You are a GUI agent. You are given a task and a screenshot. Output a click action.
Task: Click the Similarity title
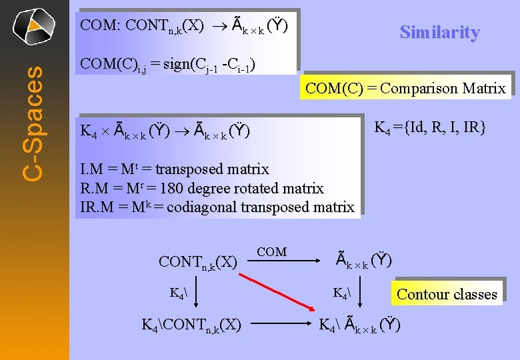coord(439,32)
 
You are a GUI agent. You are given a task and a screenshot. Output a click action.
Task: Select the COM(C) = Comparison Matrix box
coord(405,88)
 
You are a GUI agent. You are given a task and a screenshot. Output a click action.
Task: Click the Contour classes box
coord(447,294)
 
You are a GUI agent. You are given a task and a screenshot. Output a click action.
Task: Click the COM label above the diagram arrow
coord(271,252)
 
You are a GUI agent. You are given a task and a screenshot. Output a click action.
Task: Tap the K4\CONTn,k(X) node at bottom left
coord(192,325)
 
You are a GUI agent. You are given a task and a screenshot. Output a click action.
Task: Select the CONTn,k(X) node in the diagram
coord(197,261)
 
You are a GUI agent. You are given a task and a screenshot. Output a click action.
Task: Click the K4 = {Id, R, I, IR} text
coord(429,127)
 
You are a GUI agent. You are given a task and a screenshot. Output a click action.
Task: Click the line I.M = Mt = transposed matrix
coord(174,170)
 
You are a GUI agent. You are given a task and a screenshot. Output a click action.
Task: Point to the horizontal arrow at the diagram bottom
coord(279,326)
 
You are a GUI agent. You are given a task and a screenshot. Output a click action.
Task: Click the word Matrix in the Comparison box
coord(485,88)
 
